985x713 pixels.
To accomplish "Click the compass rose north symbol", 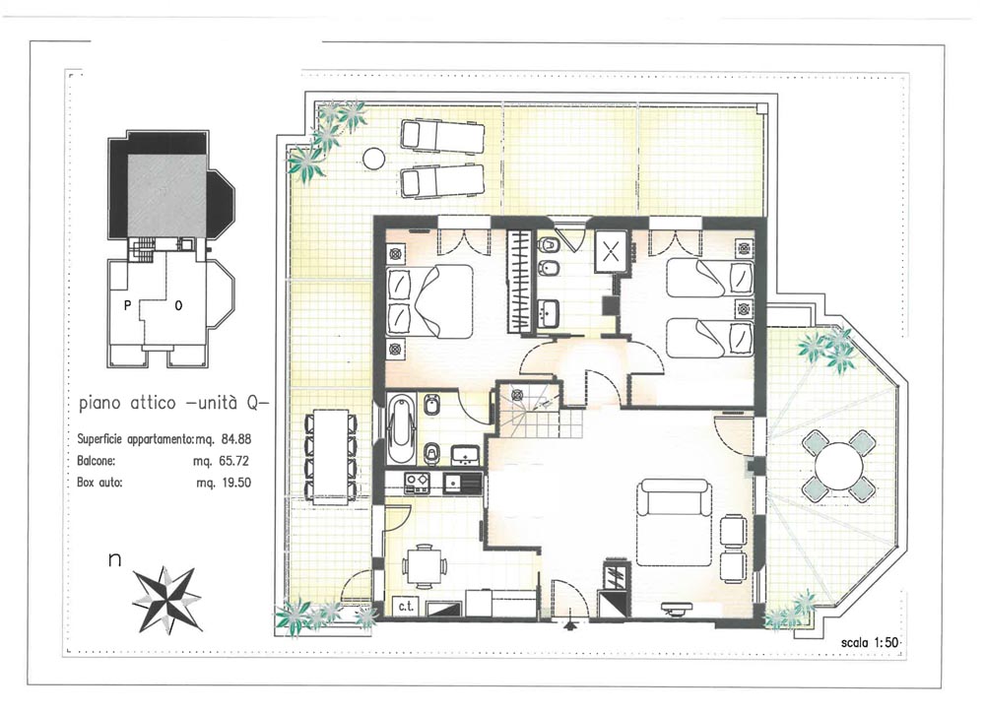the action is (x=167, y=599).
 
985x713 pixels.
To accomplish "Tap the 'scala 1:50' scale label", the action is (x=870, y=643).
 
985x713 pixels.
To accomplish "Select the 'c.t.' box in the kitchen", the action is (x=406, y=606).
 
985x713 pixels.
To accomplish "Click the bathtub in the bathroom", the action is (x=401, y=427).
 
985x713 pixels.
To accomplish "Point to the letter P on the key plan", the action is (x=127, y=305).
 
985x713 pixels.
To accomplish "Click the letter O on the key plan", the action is (x=178, y=306).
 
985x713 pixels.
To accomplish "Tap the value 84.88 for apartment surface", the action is (x=235, y=439).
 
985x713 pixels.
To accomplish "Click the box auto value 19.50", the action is (x=235, y=483).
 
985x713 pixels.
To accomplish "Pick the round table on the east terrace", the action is (x=838, y=466).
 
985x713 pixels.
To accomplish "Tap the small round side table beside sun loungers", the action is (x=373, y=158).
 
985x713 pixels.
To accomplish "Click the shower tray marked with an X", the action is (x=612, y=252).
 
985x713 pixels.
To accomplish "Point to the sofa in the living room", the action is (x=674, y=523).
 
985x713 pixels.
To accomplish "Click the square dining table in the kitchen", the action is (x=423, y=566).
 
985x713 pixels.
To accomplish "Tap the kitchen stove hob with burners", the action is (x=417, y=482).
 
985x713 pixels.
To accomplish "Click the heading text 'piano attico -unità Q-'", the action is (x=174, y=403).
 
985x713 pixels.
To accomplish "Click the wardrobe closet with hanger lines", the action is (x=519, y=281).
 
